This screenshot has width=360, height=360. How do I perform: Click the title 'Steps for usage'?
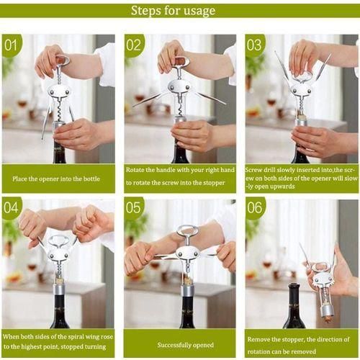[173, 11]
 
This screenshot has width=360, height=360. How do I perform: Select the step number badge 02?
[135, 45]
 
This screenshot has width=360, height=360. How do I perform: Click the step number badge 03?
[255, 45]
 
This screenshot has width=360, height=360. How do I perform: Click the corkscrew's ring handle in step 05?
[188, 232]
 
